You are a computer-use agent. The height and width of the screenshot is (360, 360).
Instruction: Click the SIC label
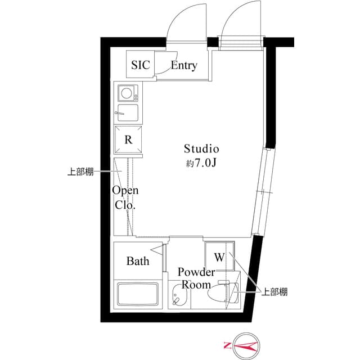[141, 65]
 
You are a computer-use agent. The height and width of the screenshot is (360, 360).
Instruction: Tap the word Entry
[183, 66]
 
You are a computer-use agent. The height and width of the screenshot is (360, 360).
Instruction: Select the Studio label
[201, 149]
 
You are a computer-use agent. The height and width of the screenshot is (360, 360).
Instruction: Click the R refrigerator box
[128, 140]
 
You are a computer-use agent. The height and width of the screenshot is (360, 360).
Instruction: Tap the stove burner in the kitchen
[127, 91]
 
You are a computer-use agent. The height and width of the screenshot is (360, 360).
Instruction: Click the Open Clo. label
[125, 197]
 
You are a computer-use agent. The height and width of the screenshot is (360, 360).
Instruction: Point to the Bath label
[138, 261]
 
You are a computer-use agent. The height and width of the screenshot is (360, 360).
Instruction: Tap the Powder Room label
[196, 278]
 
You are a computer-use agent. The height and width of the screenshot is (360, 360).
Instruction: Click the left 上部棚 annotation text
[80, 173]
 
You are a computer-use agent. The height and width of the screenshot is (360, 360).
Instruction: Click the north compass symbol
[241, 345]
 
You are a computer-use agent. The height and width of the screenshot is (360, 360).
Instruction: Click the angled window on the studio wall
[263, 191]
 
